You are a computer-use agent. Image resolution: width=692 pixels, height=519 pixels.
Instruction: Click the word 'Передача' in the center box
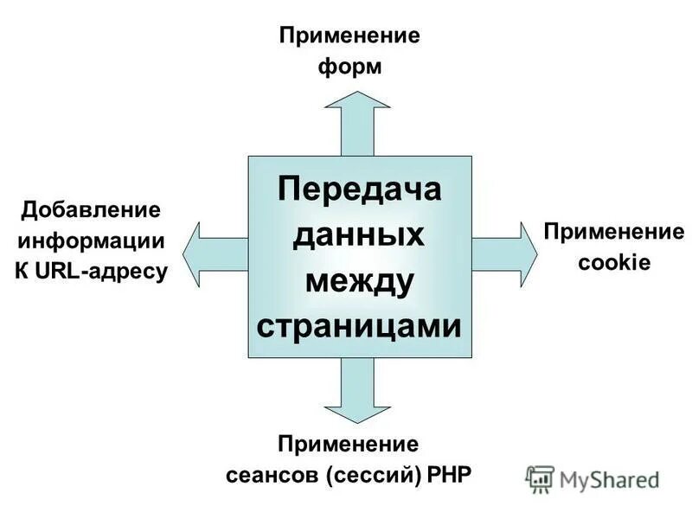pos(360,189)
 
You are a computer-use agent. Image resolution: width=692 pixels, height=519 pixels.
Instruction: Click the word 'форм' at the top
pos(350,67)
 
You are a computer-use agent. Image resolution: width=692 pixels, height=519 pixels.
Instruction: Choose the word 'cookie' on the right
pos(613,262)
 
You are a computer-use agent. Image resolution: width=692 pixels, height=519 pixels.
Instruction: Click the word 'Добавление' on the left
pos(91,210)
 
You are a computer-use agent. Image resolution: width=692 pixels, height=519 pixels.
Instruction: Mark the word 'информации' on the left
pos(91,240)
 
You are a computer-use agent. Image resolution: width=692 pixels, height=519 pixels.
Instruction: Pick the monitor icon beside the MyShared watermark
pos(540,479)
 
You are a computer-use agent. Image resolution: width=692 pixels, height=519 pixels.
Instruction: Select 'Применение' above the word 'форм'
pos(349,36)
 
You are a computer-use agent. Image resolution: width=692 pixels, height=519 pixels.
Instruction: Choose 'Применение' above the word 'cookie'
pos(613,231)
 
